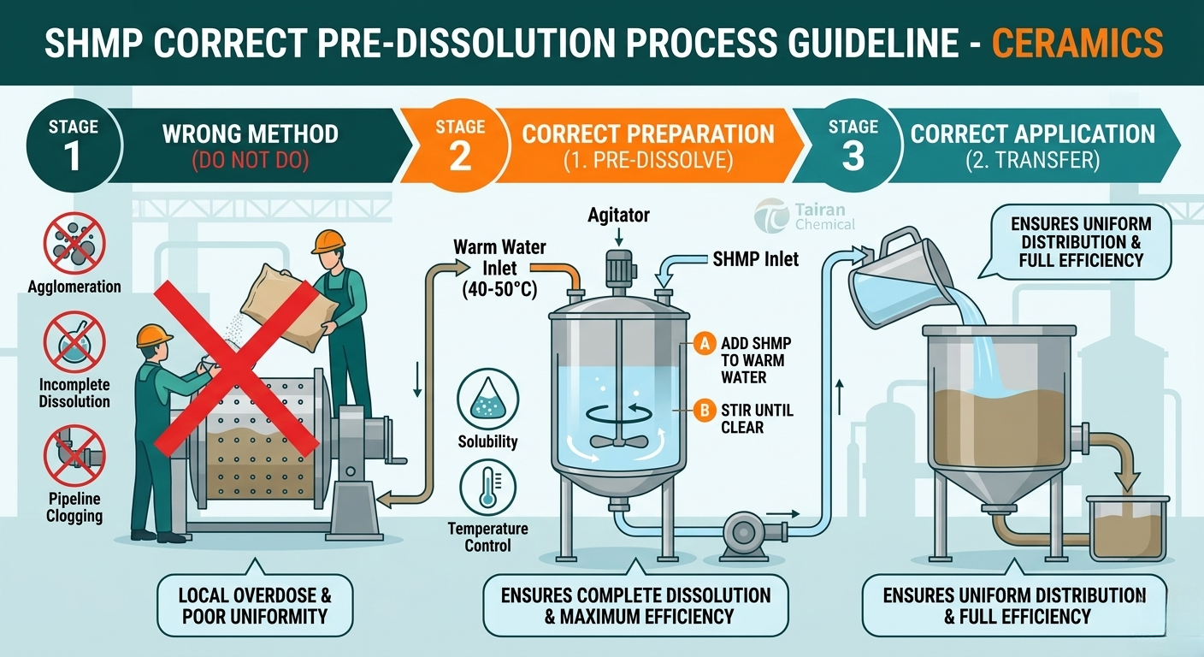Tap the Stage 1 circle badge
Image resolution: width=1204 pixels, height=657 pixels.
coord(74,145)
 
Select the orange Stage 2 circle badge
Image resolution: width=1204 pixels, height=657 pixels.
coord(461,145)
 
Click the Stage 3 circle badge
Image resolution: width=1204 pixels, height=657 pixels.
coord(853,145)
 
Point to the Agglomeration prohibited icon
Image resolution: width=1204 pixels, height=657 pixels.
coord(74,243)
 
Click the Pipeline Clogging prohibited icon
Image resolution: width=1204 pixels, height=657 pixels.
coord(74,455)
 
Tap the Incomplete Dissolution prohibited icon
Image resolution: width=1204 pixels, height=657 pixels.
coord(74,342)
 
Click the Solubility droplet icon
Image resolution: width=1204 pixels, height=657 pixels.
coord(487,399)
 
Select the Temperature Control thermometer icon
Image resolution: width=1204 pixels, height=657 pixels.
coord(487,487)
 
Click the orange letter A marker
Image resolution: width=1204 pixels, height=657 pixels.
coord(704,343)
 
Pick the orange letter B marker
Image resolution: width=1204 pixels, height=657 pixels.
coord(704,411)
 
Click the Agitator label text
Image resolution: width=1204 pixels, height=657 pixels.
coord(618,216)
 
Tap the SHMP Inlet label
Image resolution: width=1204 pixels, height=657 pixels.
coord(755,260)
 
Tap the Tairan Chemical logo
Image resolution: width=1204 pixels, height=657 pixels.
coord(805,216)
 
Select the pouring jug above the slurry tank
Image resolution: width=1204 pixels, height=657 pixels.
coord(899,280)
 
